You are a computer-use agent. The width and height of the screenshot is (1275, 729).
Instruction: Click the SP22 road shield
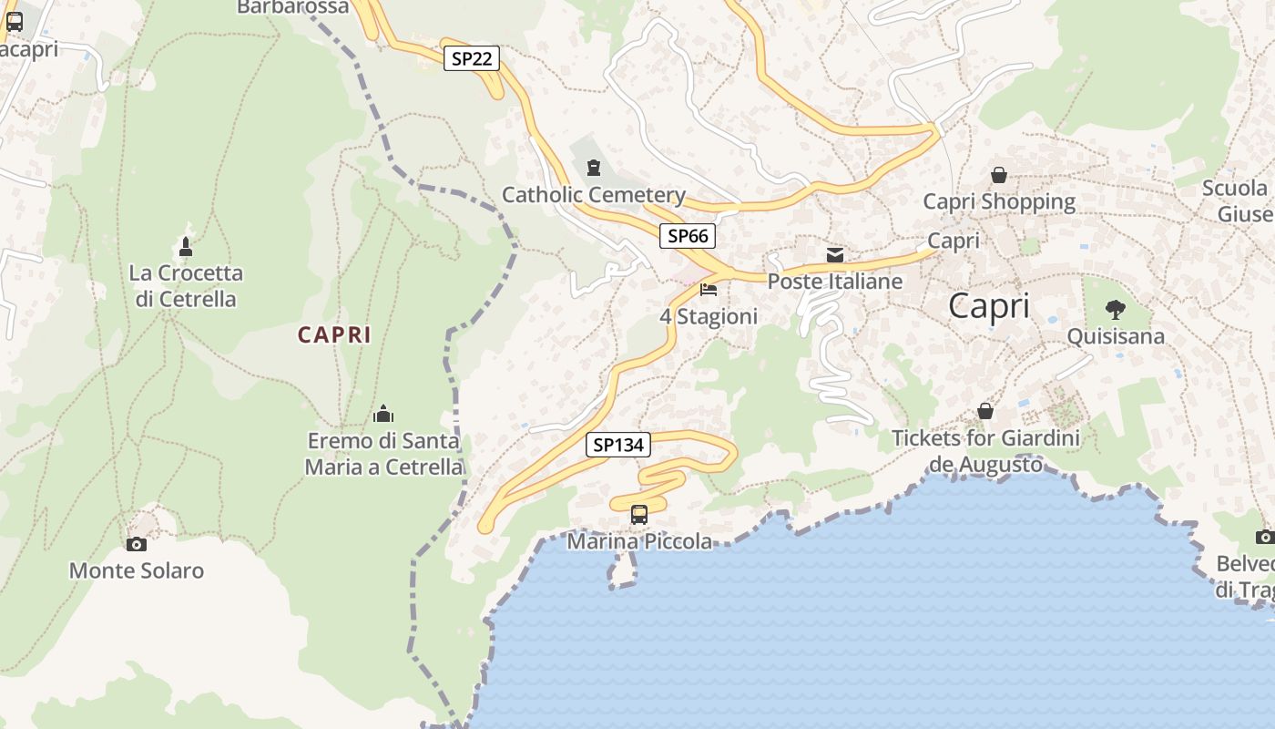tap(472, 59)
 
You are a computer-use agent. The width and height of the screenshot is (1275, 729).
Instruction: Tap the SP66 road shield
tap(688, 236)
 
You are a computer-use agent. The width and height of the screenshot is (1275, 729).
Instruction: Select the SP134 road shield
tap(618, 445)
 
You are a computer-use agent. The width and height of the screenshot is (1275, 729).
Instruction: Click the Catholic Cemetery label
tap(594, 194)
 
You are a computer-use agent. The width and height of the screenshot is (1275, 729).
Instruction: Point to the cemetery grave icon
tap(594, 168)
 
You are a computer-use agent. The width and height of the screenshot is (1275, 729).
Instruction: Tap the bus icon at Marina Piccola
tap(639, 515)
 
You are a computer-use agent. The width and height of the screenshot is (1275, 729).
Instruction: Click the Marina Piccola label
tap(639, 542)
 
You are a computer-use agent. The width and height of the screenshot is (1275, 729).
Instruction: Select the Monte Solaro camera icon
tap(136, 544)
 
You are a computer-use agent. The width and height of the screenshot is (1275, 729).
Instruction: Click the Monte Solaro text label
tap(137, 571)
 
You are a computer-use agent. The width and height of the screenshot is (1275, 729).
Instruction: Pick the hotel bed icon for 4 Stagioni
tap(709, 291)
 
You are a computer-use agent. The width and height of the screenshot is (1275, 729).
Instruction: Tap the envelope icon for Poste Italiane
tap(835, 254)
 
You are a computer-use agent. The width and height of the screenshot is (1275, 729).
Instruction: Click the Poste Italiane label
tap(835, 282)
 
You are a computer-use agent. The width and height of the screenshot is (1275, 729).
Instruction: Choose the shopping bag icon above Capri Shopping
tap(999, 175)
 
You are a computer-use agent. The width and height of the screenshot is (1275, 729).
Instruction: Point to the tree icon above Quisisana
tap(1115, 310)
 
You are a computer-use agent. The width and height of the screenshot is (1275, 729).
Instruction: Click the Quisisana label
tap(1115, 336)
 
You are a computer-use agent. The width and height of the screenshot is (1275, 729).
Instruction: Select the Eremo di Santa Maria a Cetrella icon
tap(383, 414)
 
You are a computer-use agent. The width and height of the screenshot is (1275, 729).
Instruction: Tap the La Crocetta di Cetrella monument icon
tap(186, 246)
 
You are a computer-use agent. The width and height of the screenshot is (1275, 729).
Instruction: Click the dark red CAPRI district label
tap(334, 335)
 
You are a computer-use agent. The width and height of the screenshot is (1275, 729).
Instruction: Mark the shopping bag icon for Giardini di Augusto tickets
tap(984, 411)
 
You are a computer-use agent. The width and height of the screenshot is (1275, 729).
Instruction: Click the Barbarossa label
tap(292, 7)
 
